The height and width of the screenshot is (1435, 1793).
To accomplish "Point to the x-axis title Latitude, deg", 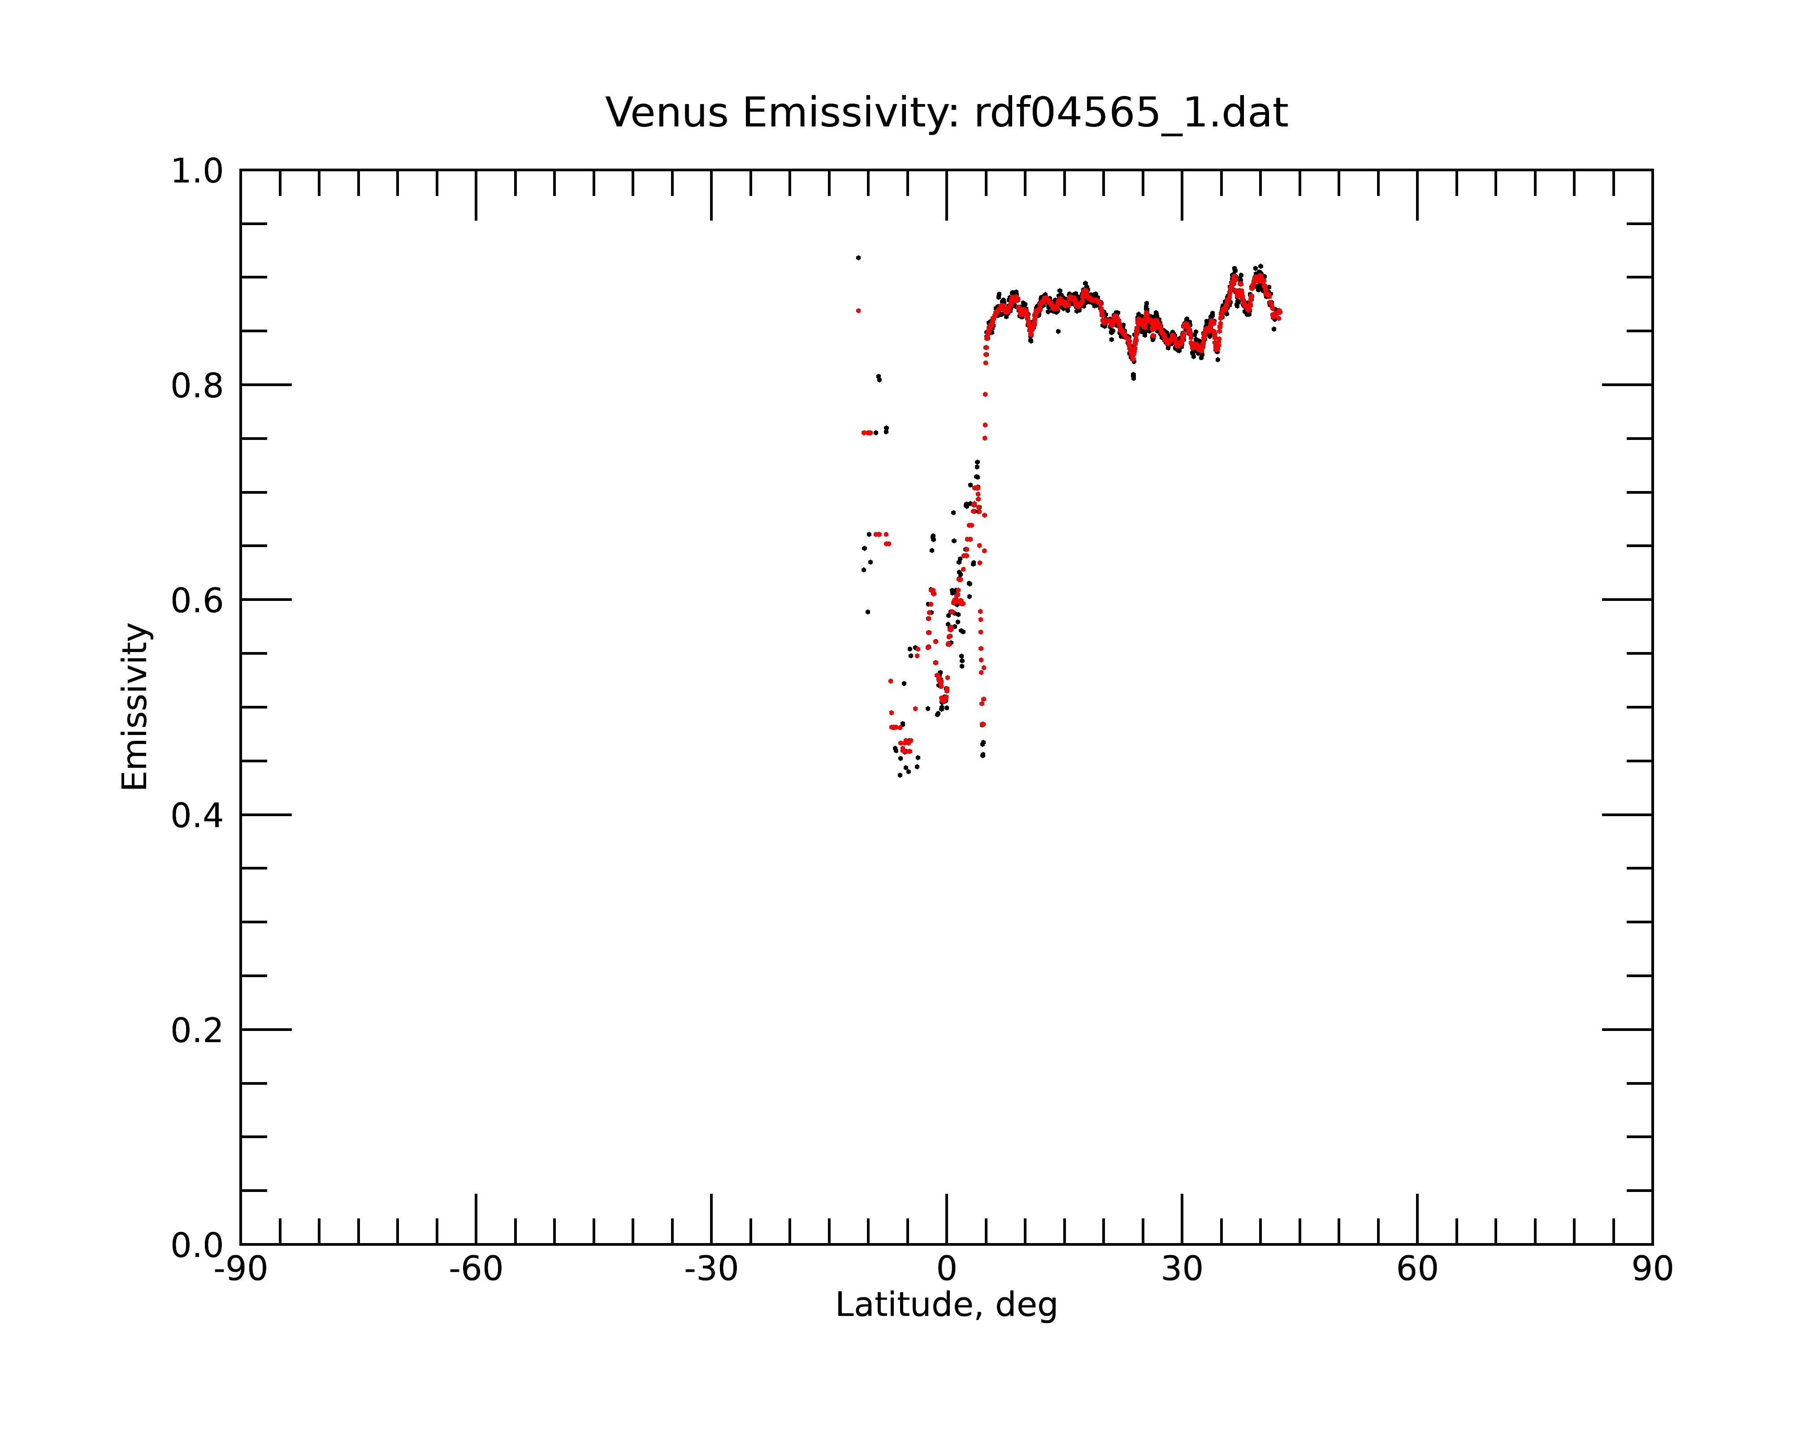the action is (946, 1305).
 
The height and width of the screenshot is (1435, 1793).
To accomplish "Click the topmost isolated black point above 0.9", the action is (858, 258).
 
